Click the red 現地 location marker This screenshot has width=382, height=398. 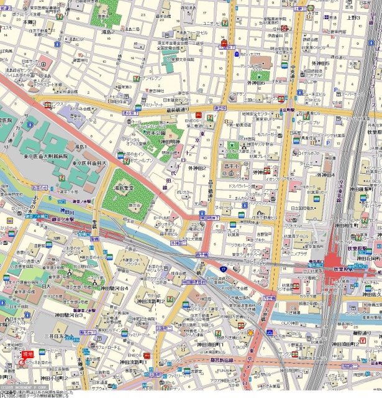tap(27, 354)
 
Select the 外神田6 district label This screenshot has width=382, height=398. tap(256, 83)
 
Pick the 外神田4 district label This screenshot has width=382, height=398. tap(324, 175)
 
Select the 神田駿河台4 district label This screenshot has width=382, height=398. tap(115, 289)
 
